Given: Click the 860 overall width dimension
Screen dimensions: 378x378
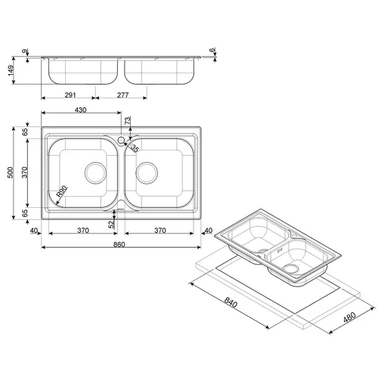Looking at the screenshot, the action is (119, 245).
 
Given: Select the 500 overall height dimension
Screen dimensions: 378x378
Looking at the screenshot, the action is (11, 172).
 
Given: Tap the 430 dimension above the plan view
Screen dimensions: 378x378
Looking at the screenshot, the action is (81, 110).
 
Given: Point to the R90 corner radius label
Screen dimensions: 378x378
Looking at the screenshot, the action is (62, 192).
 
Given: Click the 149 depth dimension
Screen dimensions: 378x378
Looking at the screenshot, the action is (11, 70).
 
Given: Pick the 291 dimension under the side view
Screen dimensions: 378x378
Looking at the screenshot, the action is (70, 95).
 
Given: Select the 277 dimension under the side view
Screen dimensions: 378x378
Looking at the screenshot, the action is (122, 95).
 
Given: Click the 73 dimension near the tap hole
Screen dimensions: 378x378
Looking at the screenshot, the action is (128, 120).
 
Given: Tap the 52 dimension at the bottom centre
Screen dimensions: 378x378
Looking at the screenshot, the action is (111, 225).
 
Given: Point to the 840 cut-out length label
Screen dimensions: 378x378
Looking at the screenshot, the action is (231, 302).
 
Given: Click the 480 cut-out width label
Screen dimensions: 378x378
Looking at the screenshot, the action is (349, 318).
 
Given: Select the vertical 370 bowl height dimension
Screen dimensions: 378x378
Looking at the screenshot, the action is (25, 172).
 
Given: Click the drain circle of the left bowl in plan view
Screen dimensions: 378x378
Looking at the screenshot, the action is (95, 173).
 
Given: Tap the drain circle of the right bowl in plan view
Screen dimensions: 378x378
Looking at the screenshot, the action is (147, 173).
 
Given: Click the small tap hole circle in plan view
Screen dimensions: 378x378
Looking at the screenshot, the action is (121, 140).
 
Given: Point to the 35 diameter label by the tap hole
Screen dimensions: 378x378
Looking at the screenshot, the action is (135, 148).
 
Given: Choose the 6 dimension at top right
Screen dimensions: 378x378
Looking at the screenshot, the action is (213, 50).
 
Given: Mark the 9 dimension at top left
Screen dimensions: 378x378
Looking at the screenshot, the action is (25, 51).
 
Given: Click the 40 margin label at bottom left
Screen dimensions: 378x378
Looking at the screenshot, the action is (34, 231).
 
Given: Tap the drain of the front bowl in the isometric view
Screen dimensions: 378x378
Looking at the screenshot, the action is (290, 268).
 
